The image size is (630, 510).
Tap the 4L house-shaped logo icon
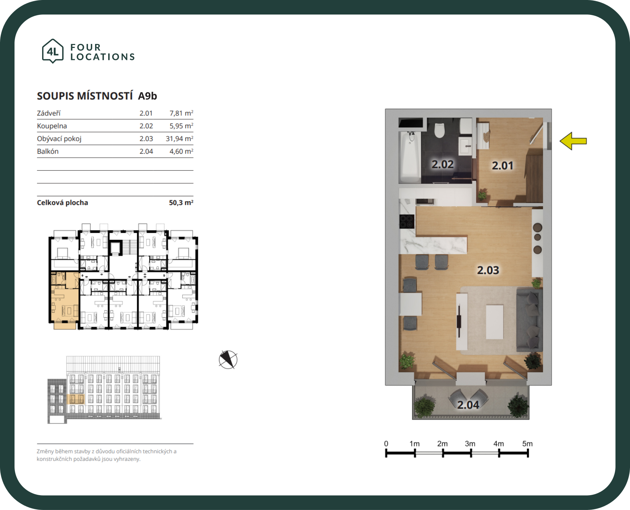click(x=53, y=51)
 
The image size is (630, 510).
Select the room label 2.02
click(x=443, y=164)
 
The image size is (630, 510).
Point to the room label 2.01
click(x=503, y=166)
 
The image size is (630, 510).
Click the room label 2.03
click(x=488, y=270)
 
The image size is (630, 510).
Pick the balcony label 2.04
click(x=468, y=405)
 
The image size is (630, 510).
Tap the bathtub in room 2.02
click(x=410, y=157)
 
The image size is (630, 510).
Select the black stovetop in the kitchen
click(x=407, y=222)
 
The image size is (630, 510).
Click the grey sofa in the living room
click(x=529, y=319)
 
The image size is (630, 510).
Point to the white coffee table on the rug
click(x=495, y=322)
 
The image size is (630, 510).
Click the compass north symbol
click(x=228, y=360)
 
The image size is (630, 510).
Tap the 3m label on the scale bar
click(x=470, y=444)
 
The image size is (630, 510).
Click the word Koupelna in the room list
click(x=52, y=126)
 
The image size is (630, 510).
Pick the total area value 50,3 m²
click(x=181, y=202)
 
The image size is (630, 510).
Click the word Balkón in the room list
click(x=48, y=151)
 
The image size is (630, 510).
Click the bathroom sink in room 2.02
click(x=466, y=146)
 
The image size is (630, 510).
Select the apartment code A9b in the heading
click(x=147, y=96)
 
